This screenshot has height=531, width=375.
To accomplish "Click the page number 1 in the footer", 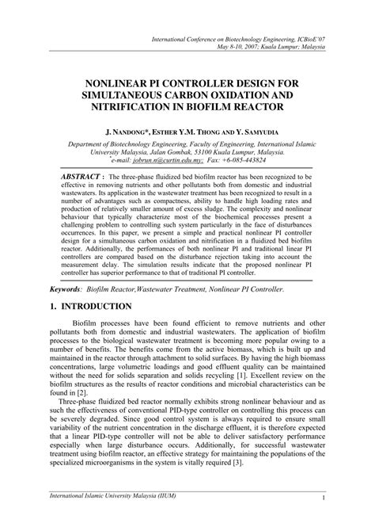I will click(x=325, y=520).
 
